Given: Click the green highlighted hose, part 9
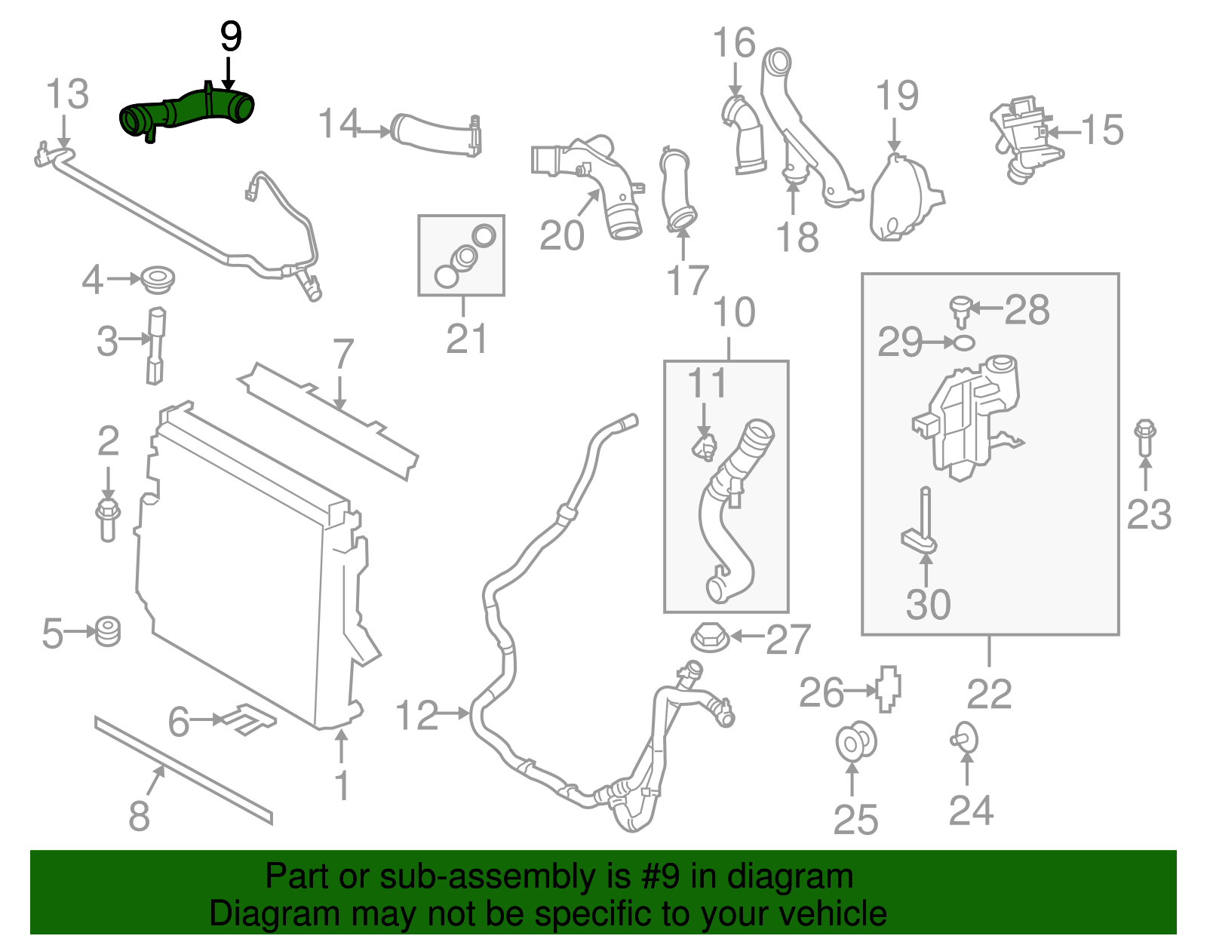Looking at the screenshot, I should (x=189, y=112).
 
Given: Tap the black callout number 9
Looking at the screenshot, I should (x=230, y=37).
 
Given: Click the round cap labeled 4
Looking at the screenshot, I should (x=158, y=280).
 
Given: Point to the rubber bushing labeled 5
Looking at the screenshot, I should (x=108, y=631).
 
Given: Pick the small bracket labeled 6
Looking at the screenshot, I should (x=247, y=719).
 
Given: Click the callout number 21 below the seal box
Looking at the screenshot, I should (x=466, y=339).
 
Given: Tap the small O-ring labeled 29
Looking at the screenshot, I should (x=964, y=342).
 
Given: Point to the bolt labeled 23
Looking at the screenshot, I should (x=1144, y=437).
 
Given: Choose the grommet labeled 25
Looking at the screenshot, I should (x=855, y=742).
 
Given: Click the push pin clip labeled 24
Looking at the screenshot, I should (x=965, y=739).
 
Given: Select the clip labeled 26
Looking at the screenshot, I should (x=889, y=687).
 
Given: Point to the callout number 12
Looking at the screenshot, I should (x=416, y=714).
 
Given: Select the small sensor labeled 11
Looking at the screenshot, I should (x=704, y=447).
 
